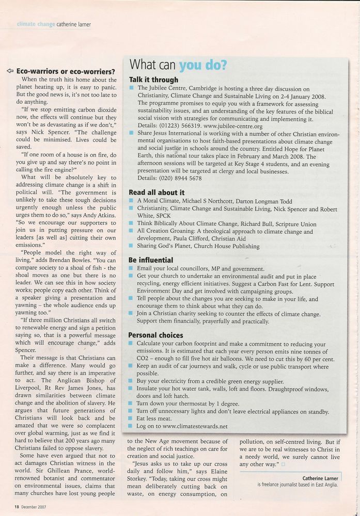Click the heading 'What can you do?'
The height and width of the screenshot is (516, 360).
(178, 66)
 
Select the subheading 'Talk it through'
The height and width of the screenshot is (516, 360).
(154, 80)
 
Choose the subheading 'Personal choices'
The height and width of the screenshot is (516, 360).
(156, 335)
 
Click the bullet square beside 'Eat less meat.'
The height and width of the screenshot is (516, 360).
(132, 419)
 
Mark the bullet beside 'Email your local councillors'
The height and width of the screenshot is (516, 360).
(132, 269)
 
